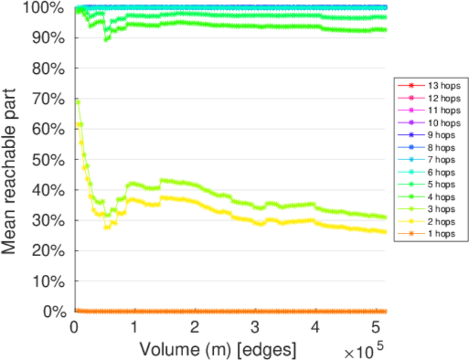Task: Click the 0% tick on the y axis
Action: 56,311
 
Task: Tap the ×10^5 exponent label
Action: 364,348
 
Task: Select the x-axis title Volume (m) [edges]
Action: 217,349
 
